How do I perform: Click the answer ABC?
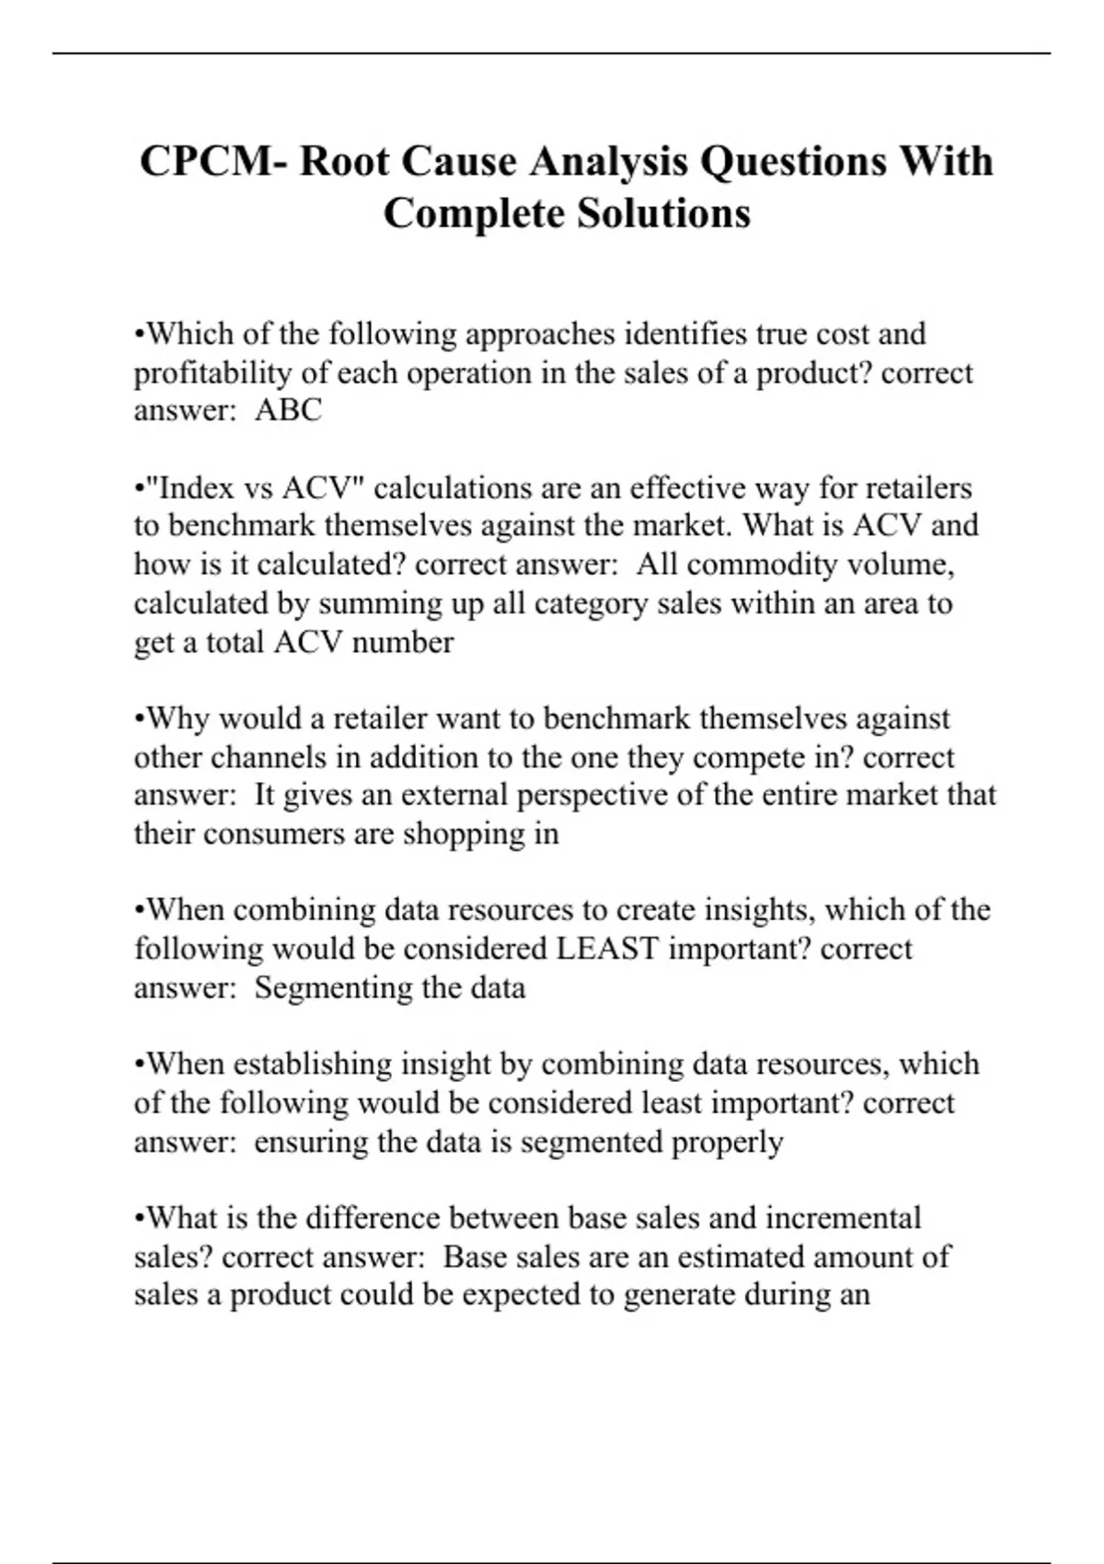pyautogui.click(x=289, y=410)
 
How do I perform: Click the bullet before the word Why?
pyautogui.click(x=140, y=719)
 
